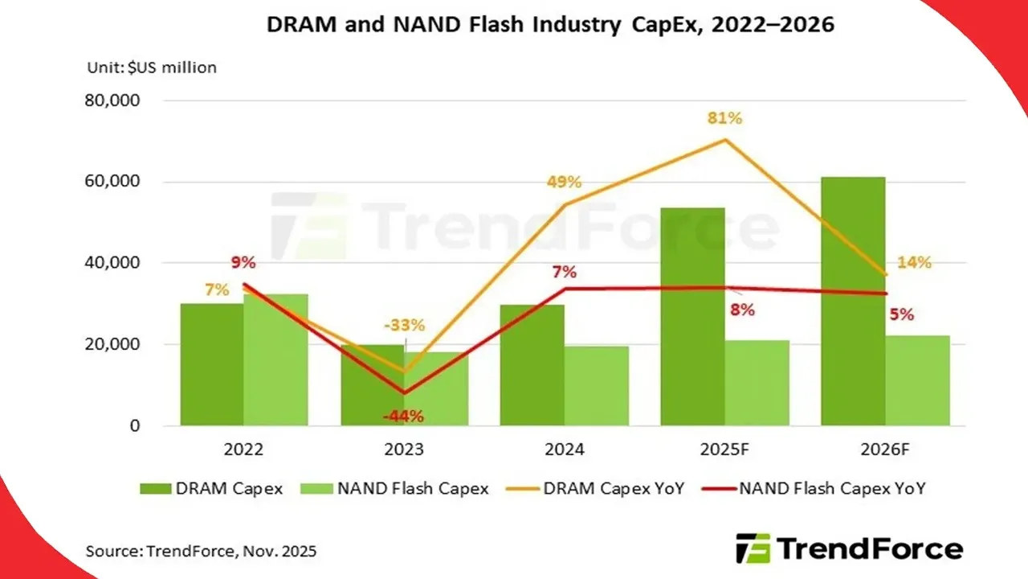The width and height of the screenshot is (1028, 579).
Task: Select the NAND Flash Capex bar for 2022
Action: pos(275,362)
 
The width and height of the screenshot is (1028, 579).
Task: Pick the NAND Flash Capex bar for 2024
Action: pos(596,386)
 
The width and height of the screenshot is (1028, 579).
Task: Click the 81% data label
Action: pos(725,118)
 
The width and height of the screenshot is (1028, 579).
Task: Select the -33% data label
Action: pos(403,326)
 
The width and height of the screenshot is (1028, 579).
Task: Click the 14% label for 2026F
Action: pos(914,262)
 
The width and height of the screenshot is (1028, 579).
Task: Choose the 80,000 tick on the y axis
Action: pos(112,101)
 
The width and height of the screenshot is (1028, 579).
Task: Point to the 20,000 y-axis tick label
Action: pos(112,344)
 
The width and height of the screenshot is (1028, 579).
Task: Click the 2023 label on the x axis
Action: pos(404,450)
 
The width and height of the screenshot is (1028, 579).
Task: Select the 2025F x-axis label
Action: pos(724,450)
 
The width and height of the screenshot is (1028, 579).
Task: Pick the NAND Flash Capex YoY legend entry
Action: pos(814,488)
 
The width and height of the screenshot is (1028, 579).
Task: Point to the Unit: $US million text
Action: pos(152,68)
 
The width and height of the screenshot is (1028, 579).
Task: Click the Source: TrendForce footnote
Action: pos(201,552)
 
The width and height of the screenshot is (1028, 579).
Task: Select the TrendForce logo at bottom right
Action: pos(849,549)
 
